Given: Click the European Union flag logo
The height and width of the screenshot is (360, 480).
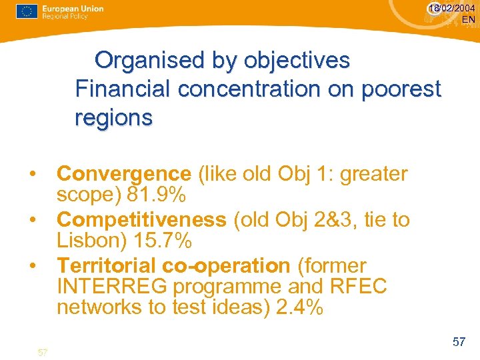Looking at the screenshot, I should pyautogui.click(x=26, y=11).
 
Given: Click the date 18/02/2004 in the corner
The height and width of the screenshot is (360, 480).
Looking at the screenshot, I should pyautogui.click(x=452, y=8).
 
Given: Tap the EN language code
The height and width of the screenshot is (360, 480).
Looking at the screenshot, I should pyautogui.click(x=469, y=19).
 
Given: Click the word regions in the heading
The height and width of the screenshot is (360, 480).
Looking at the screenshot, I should pyautogui.click(x=114, y=117).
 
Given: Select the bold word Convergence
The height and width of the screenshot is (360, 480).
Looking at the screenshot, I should pyautogui.click(x=124, y=174).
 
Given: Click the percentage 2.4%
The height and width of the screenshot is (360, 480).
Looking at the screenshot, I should pyautogui.click(x=298, y=308).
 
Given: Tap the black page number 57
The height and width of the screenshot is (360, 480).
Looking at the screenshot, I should pyautogui.click(x=459, y=342).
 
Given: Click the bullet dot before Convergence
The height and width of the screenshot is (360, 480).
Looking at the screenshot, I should pyautogui.click(x=32, y=175).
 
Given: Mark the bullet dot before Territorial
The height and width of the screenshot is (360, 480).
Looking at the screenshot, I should pyautogui.click(x=32, y=266).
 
